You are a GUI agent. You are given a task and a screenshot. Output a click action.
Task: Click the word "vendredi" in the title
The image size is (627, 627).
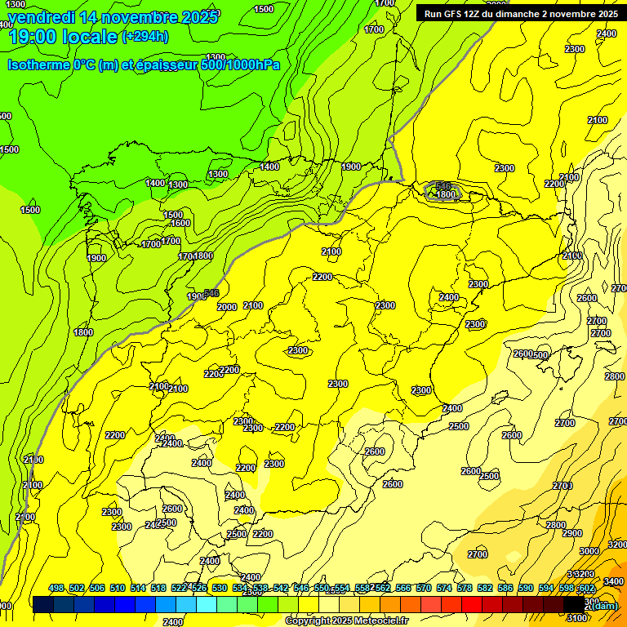tap(40, 16)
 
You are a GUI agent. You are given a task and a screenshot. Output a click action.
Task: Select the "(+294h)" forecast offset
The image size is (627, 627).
tap(145, 36)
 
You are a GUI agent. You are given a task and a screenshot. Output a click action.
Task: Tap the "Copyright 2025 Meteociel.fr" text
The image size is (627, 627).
tap(345, 621)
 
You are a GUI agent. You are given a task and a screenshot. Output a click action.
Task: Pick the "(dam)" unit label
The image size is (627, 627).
tap(602, 605)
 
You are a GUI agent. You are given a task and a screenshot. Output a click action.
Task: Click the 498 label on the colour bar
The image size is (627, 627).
tap(56, 588)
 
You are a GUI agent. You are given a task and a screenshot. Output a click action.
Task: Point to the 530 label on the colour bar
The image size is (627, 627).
tap(220, 588)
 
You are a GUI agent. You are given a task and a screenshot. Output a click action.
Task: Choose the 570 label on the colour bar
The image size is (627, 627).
tap(424, 588)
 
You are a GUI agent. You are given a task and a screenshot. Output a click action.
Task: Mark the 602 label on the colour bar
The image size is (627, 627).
tap(585, 588)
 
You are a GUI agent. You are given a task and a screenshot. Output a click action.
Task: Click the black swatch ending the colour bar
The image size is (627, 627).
tap(575, 604)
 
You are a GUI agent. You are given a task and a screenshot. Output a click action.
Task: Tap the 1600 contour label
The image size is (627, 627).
tap(180, 223)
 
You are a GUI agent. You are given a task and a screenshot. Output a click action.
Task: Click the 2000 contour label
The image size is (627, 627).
tap(227, 307)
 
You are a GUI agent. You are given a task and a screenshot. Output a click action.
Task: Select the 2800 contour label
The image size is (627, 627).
tap(555, 525)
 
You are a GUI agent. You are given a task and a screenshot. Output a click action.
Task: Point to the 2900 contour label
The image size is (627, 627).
tap(572, 533)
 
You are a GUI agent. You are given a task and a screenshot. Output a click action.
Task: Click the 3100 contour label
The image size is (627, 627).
tap(576, 618)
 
